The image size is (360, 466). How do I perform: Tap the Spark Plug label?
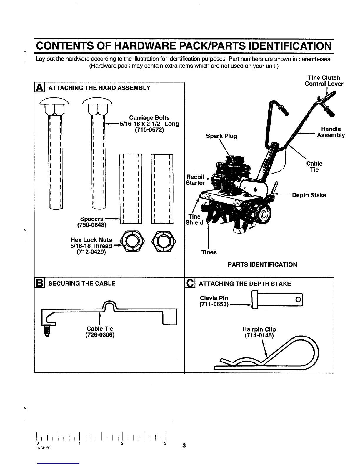pyautogui.click(x=221, y=136)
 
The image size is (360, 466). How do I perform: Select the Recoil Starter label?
pyautogui.click(x=195, y=180)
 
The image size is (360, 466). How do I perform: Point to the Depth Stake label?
pyautogui.click(x=309, y=195)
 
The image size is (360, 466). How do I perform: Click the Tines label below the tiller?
pyautogui.click(x=209, y=252)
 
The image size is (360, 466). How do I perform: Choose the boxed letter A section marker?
pyautogui.click(x=39, y=88)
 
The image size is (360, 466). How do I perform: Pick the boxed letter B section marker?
pyautogui.click(x=39, y=283)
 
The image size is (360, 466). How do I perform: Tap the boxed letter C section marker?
pyautogui.click(x=190, y=283)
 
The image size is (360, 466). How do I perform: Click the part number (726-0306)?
pyautogui.click(x=100, y=335)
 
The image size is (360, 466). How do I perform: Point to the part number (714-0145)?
pyautogui.click(x=259, y=335)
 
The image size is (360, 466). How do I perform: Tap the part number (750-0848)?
pyautogui.click(x=91, y=225)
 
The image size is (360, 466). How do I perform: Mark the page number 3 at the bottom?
pyautogui.click(x=184, y=445)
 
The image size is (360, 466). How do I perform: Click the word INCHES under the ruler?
pyautogui.click(x=43, y=448)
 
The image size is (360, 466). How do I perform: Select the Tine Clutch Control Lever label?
pyautogui.click(x=324, y=81)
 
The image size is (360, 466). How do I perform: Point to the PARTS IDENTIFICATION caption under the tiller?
pyautogui.click(x=262, y=264)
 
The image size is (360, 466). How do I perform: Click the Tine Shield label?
pyautogui.click(x=194, y=220)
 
